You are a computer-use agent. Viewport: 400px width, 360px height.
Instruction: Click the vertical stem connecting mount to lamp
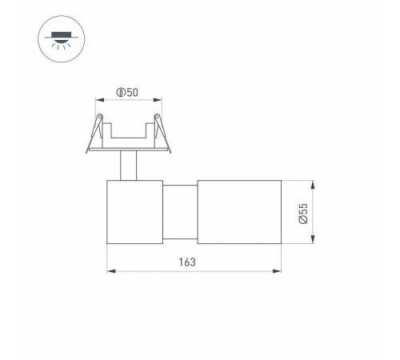click(x=128, y=166)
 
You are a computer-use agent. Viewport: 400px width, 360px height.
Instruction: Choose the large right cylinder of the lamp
click(x=237, y=213)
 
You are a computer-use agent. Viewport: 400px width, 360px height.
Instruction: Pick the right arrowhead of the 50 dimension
click(x=156, y=101)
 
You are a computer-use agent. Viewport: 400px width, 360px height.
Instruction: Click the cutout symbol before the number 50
click(x=121, y=93)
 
